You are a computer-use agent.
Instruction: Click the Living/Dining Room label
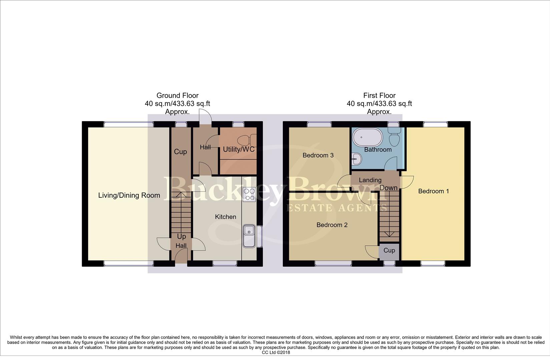click(x=129, y=195)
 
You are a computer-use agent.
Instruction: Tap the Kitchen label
click(x=225, y=217)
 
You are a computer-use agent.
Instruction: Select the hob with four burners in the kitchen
click(x=249, y=195)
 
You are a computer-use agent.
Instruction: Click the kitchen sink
click(x=249, y=236)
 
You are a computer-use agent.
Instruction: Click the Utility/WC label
click(x=238, y=149)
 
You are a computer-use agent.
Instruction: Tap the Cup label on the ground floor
click(x=180, y=152)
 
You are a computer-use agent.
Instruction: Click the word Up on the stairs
click(x=181, y=237)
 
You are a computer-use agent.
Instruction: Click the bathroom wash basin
click(x=356, y=159)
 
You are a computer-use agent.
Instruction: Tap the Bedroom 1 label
click(x=433, y=191)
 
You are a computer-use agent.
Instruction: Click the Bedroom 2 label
click(x=332, y=225)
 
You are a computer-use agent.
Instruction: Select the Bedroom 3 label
click(x=318, y=155)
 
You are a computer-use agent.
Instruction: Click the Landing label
click(x=370, y=180)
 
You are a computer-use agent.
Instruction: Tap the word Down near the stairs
click(x=389, y=188)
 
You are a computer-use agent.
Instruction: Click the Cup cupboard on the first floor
click(x=389, y=250)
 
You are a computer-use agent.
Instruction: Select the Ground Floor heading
click(x=177, y=96)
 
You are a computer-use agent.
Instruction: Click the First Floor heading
click(x=379, y=96)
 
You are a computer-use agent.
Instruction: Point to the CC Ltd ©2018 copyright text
click(x=276, y=352)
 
